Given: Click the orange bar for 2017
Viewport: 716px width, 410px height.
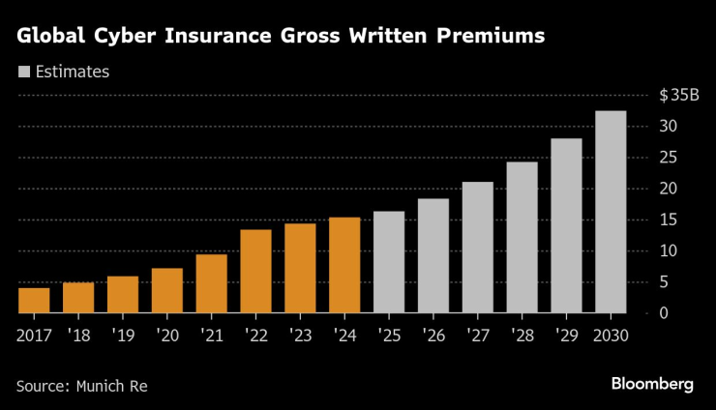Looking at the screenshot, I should [x=34, y=301].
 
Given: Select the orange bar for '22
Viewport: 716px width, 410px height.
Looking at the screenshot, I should [x=255, y=272].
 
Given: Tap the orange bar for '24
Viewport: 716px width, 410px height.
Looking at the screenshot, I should [x=344, y=266].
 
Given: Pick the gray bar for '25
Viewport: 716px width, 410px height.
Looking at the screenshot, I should [x=389, y=262].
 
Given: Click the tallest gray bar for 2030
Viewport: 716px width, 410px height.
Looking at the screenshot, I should [x=611, y=213].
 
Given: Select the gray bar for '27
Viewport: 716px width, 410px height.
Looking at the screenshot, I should [x=478, y=248].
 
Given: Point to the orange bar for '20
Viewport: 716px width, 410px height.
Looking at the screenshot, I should [x=167, y=291].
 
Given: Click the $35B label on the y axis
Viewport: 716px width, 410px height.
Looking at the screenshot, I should [x=678, y=95].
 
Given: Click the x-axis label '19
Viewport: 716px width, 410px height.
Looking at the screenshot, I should [x=123, y=336].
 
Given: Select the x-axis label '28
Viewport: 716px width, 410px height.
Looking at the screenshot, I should [x=522, y=336].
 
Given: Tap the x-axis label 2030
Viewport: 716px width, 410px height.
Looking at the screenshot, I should [x=611, y=336].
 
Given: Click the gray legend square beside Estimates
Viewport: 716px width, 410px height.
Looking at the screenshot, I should [x=23, y=72].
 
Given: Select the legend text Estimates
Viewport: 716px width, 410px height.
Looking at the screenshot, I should [x=73, y=72].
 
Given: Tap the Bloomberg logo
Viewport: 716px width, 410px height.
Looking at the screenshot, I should [x=652, y=384].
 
